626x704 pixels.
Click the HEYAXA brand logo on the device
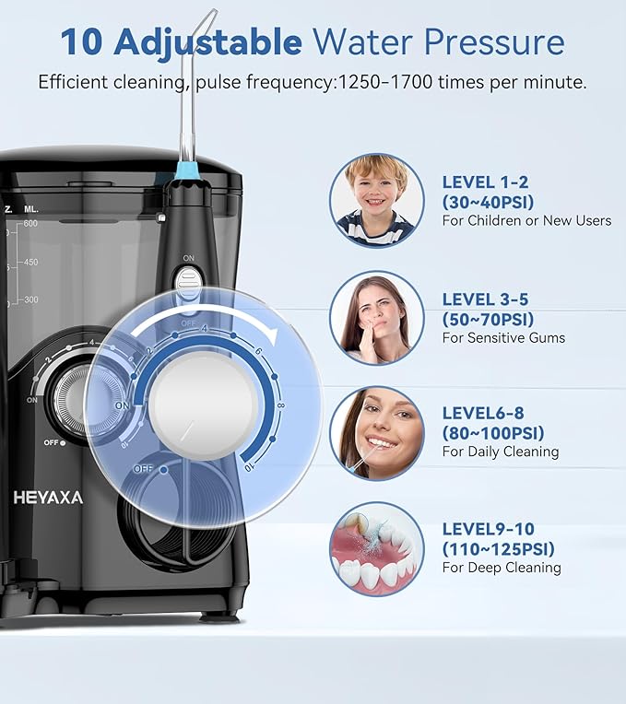(48, 498)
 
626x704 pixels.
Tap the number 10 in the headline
(82, 41)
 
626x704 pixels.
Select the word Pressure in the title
(494, 41)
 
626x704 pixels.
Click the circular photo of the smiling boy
(377, 201)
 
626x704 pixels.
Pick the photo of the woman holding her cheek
(377, 317)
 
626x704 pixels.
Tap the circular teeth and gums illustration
(377, 548)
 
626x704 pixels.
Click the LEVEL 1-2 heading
(485, 182)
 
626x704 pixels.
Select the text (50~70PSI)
(488, 319)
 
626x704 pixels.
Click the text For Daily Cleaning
(501, 452)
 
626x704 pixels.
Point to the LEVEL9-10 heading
(489, 529)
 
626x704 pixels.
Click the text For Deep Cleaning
(502, 568)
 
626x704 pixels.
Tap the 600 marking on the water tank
(30, 224)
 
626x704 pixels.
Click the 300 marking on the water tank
(30, 299)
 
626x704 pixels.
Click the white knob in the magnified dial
(204, 405)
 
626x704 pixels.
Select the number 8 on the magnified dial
(281, 405)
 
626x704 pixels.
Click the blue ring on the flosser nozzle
(186, 170)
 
